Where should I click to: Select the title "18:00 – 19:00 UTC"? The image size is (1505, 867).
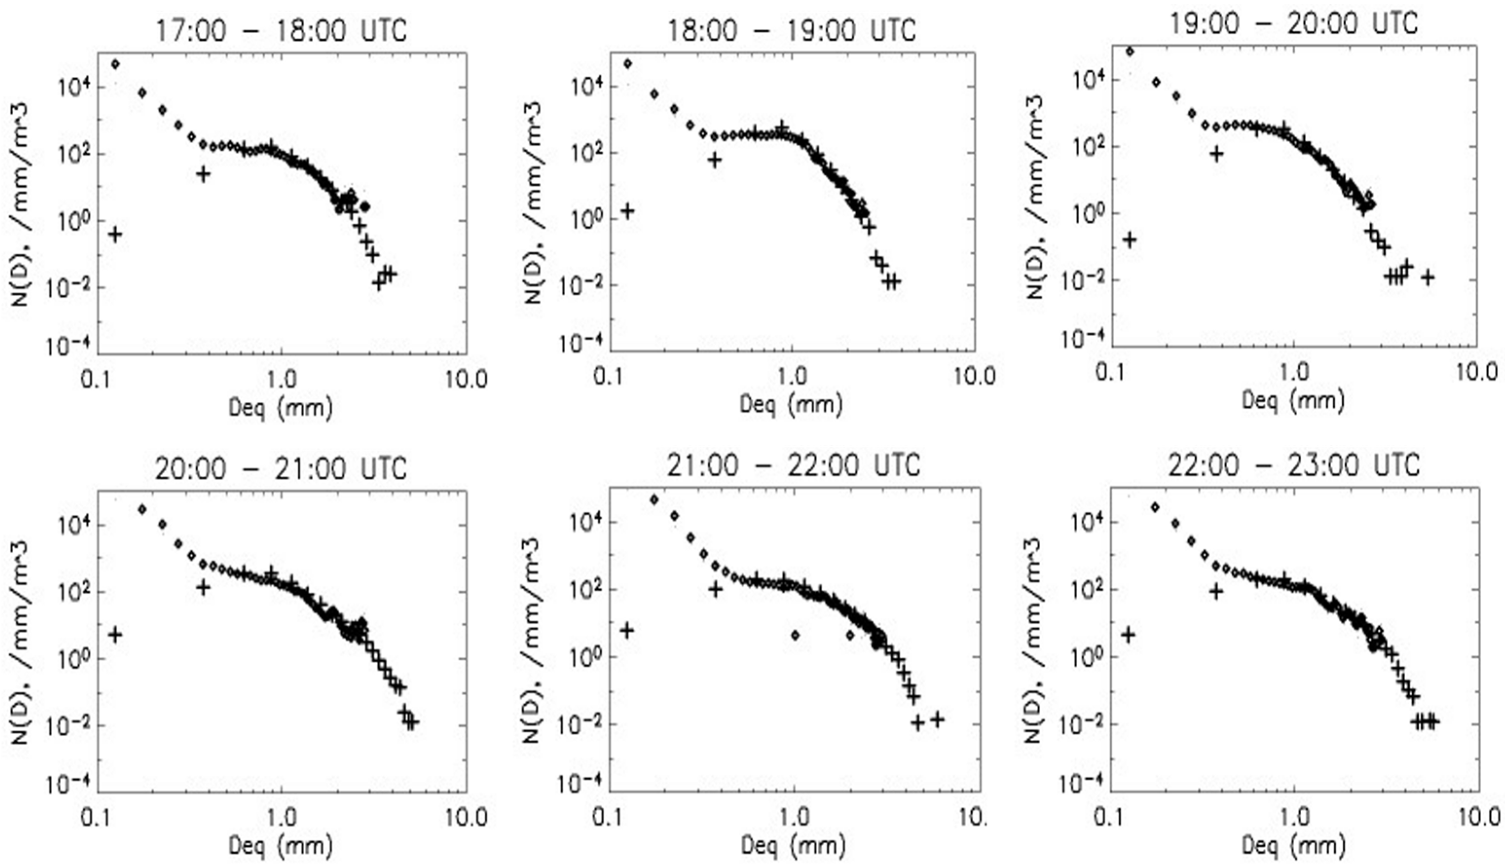[x=791, y=30]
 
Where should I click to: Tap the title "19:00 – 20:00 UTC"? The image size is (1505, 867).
[x=1294, y=24]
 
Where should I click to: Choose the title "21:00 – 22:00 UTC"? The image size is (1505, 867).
[x=793, y=465]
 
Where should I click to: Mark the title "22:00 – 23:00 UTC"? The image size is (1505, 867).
[x=1294, y=465]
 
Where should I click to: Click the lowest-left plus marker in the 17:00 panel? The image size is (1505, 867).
[x=115, y=234]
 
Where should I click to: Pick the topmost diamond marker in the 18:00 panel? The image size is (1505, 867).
[x=627, y=64]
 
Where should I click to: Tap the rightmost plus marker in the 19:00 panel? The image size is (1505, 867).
[x=1427, y=277]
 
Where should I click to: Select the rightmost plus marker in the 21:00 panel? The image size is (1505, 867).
[x=937, y=719]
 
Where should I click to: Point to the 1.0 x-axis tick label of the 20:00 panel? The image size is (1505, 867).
[x=281, y=816]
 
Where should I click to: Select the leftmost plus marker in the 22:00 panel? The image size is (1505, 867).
[x=1128, y=635]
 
